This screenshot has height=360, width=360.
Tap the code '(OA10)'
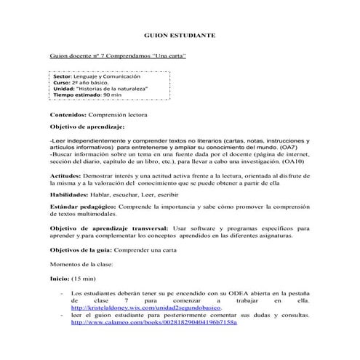(298, 162)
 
